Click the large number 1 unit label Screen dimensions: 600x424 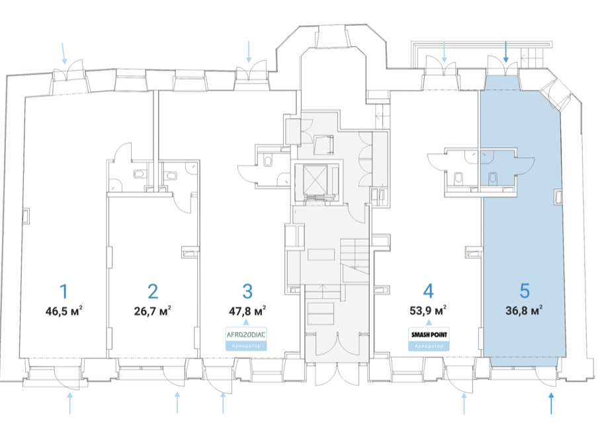[64, 292]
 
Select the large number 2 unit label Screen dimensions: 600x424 [153, 292]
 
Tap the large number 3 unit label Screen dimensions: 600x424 [247, 292]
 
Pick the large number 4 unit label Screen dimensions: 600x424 [428, 291]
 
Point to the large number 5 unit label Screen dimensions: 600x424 [525, 291]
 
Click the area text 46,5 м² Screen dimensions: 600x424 [64, 310]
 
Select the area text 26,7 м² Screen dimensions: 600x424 [152, 310]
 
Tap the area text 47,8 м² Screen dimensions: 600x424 [247, 310]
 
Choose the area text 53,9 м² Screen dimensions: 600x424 [428, 310]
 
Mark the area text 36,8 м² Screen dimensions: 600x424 [524, 310]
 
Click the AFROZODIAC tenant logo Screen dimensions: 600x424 [246, 335]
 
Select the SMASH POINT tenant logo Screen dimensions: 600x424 [429, 335]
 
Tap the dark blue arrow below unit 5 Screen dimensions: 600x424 [551, 404]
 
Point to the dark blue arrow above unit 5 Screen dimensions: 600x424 [506, 52]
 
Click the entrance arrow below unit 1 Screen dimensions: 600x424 [69, 404]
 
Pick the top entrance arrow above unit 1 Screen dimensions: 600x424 [64, 53]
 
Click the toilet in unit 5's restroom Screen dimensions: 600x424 [493, 178]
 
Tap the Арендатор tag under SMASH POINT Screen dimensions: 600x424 [429, 346]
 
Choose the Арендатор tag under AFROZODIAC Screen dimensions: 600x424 [246, 346]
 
